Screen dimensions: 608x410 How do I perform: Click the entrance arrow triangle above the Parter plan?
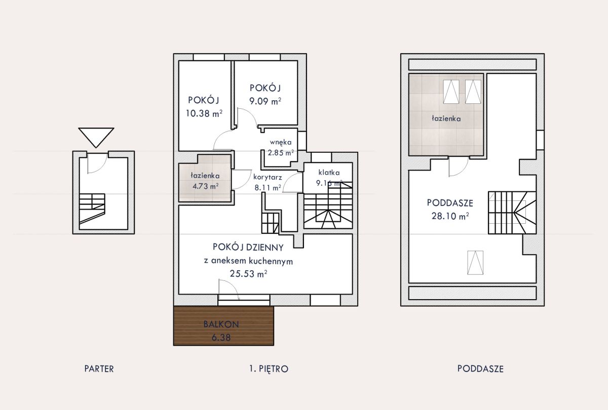pos(96,138)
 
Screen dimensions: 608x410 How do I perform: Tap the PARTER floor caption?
pos(99,369)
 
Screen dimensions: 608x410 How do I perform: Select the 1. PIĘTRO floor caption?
pos(269,369)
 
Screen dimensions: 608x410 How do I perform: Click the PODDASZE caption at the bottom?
pos(480,369)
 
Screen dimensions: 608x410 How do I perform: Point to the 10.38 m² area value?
pos(204,113)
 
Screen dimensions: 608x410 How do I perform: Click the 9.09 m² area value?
pos(265,101)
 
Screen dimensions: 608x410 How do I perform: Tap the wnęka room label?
pos(281,142)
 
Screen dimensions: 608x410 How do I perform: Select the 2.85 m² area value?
pos(281,153)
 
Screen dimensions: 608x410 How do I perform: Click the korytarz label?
pos(268,177)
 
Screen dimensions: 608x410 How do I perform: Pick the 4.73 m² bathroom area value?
pos(206,186)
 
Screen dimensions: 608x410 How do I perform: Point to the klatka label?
pos(329,173)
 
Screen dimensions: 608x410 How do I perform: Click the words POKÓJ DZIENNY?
pos(248,248)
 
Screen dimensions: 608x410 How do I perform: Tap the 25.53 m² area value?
pos(248,273)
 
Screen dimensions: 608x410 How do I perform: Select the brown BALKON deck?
pos(223,325)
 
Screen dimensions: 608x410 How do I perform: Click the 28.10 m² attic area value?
pos(450,216)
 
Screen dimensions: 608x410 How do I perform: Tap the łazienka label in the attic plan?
pos(446,118)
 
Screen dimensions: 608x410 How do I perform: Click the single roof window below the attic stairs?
pos(475,263)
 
